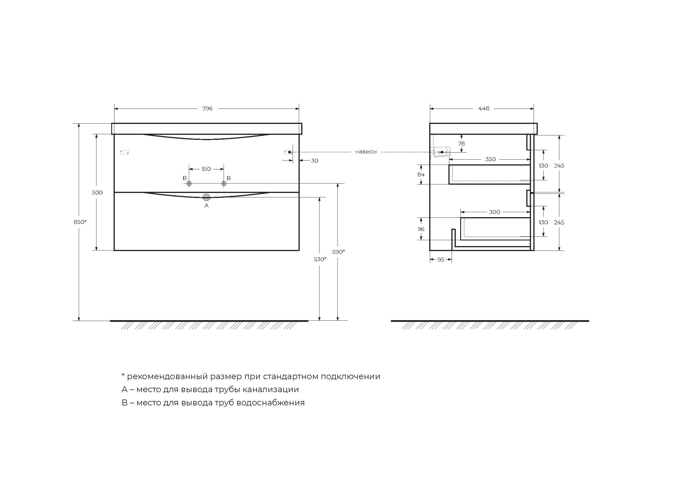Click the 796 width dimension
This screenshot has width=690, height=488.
point(207,109)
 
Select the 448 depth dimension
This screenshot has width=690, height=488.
point(484,109)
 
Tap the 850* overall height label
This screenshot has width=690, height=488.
point(80,222)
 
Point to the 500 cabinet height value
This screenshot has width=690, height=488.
point(97,193)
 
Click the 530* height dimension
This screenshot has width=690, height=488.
point(320,259)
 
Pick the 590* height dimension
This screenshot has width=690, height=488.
point(338,252)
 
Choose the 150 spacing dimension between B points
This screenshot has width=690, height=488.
point(206,169)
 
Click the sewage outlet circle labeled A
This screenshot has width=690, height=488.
point(206,197)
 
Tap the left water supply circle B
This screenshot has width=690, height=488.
point(189,183)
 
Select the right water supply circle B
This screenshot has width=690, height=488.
point(224,183)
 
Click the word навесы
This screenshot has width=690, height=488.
point(366,152)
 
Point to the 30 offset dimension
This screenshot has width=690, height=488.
point(314,161)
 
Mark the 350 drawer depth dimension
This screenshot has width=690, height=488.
point(490,159)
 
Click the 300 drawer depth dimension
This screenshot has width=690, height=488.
point(494,212)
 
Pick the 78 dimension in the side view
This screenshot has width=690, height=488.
point(461,144)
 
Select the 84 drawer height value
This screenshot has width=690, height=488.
point(421,175)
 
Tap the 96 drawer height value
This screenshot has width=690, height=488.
point(421,229)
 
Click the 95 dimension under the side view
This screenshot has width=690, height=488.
point(440,260)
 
